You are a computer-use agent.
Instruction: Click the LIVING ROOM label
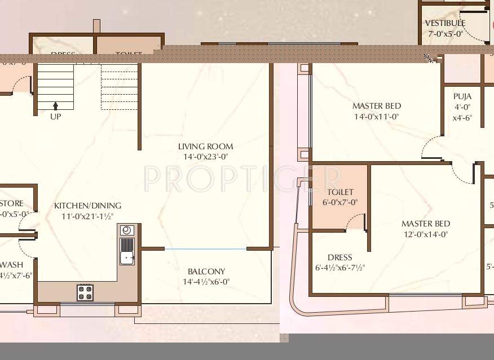pyautogui.click(x=205, y=146)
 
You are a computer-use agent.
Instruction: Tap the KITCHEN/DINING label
pyautogui.click(x=87, y=206)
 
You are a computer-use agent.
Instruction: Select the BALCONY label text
pyautogui.click(x=206, y=271)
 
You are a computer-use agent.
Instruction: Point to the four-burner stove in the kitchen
pyautogui.click(x=85, y=292)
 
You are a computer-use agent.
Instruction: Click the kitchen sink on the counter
pyautogui.click(x=127, y=251)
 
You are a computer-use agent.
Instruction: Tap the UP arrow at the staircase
pyautogui.click(x=55, y=105)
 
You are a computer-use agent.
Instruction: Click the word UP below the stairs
pyautogui.click(x=55, y=117)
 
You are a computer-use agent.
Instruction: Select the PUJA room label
pyautogui.click(x=462, y=97)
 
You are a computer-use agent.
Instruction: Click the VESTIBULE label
pyautogui.click(x=445, y=23)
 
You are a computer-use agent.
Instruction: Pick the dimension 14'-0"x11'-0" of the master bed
pyautogui.click(x=376, y=117)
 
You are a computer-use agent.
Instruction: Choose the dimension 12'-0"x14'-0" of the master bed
pyautogui.click(x=426, y=234)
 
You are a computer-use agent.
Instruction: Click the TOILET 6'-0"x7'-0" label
pyautogui.click(x=340, y=192)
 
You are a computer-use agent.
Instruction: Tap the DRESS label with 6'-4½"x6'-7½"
pyautogui.click(x=339, y=257)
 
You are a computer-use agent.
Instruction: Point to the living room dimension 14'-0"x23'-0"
pyautogui.click(x=205, y=157)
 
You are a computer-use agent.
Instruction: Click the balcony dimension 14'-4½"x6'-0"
pyautogui.click(x=206, y=282)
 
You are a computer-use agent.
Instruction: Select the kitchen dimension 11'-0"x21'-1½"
pyautogui.click(x=87, y=216)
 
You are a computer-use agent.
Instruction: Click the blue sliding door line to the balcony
pyautogui.click(x=205, y=248)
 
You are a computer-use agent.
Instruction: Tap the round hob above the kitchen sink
pyautogui.click(x=126, y=230)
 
